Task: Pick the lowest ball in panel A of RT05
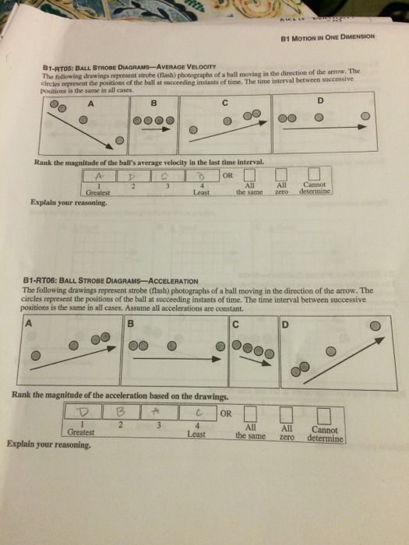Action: (118, 140)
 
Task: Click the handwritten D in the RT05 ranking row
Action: (135, 178)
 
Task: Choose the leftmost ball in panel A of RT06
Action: (34, 354)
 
